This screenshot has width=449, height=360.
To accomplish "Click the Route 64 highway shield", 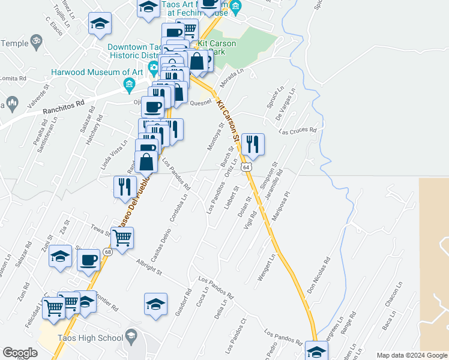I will tap(246, 167).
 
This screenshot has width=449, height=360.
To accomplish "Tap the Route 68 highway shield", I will tap(107, 251).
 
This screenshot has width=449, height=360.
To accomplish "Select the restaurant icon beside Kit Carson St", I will tap(253, 145).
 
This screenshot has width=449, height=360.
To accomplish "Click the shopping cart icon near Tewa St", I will tap(122, 238).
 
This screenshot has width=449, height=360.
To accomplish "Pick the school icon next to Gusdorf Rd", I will tap(155, 304).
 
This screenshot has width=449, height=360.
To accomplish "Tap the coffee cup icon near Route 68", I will tap(89, 260).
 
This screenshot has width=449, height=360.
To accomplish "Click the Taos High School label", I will tap(89, 338).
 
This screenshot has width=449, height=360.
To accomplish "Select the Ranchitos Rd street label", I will tap(64, 107).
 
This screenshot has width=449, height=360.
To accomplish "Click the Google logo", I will tap(20, 353).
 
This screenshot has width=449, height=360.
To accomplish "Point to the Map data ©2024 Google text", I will tap(412, 355).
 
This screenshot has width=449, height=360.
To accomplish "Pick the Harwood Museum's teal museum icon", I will tap(129, 86).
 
